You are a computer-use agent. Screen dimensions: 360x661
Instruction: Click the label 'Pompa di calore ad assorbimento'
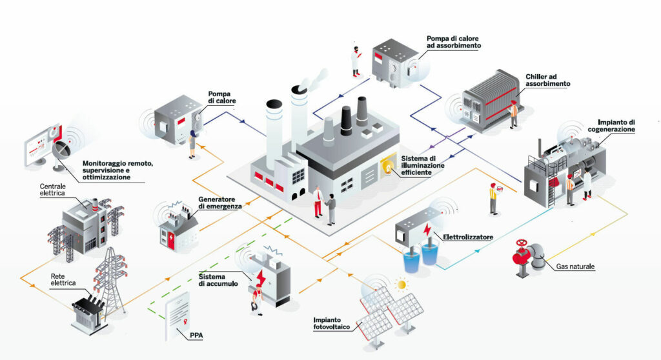(453, 43)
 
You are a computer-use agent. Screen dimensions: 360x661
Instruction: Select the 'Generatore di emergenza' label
(220, 202)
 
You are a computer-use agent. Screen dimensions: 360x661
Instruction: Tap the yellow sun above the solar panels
(403, 284)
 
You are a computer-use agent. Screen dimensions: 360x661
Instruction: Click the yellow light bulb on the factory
(388, 165)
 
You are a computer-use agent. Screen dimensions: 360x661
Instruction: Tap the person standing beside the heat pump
(192, 145)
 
